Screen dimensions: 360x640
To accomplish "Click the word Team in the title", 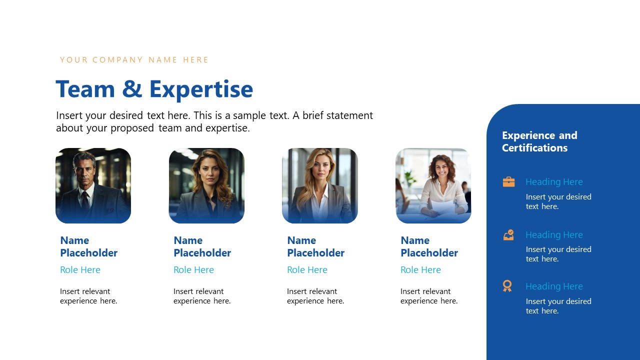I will pyautogui.click(x=85, y=89).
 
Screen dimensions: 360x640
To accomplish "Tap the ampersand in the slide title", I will pyautogui.click(x=132, y=89).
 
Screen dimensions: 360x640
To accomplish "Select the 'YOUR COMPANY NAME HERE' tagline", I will pyautogui.click(x=134, y=60).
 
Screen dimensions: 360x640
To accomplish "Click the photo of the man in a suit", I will pyautogui.click(x=93, y=185).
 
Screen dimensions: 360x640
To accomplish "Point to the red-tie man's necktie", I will pyautogui.click(x=85, y=200).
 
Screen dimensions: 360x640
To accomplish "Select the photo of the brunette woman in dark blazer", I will pyautogui.click(x=206, y=185).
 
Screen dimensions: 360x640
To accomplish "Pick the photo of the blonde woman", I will pyautogui.click(x=320, y=185).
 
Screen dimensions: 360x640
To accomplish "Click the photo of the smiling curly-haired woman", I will pyautogui.click(x=433, y=185).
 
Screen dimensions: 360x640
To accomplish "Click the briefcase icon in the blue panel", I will pyautogui.click(x=508, y=181).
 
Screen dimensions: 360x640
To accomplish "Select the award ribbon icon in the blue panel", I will pyautogui.click(x=507, y=286).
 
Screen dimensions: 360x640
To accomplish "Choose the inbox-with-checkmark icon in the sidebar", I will pyautogui.click(x=508, y=234).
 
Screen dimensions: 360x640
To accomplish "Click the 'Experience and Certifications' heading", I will pyautogui.click(x=539, y=141).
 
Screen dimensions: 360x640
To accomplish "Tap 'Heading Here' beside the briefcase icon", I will pyautogui.click(x=554, y=182).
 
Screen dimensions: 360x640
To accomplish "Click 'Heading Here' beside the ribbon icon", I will pyautogui.click(x=554, y=286).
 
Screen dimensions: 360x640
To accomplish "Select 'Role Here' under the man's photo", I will pyautogui.click(x=80, y=270).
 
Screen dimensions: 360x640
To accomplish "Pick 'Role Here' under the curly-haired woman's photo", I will pyautogui.click(x=420, y=270).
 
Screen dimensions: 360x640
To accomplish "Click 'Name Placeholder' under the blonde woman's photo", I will pyautogui.click(x=315, y=246).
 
